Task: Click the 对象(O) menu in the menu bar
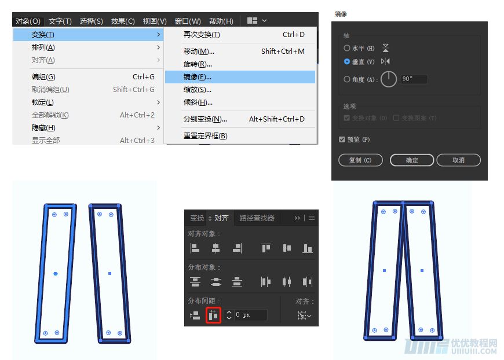click(28, 21)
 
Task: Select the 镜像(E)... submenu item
click(198, 77)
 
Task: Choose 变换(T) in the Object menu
click(43, 35)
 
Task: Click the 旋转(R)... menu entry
click(198, 64)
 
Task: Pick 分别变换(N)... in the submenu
click(205, 119)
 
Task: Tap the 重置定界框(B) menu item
click(205, 136)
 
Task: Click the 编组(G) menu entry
click(43, 77)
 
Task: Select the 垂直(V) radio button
click(347, 61)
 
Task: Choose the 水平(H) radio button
click(347, 48)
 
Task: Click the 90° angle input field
click(413, 79)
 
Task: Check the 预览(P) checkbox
click(342, 139)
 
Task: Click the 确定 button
click(412, 160)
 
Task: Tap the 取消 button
click(458, 160)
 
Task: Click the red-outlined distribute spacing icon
click(213, 315)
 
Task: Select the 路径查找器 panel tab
click(257, 218)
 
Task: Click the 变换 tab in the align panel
click(197, 218)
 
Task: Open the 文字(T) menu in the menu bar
click(60, 21)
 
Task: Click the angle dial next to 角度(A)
click(389, 79)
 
